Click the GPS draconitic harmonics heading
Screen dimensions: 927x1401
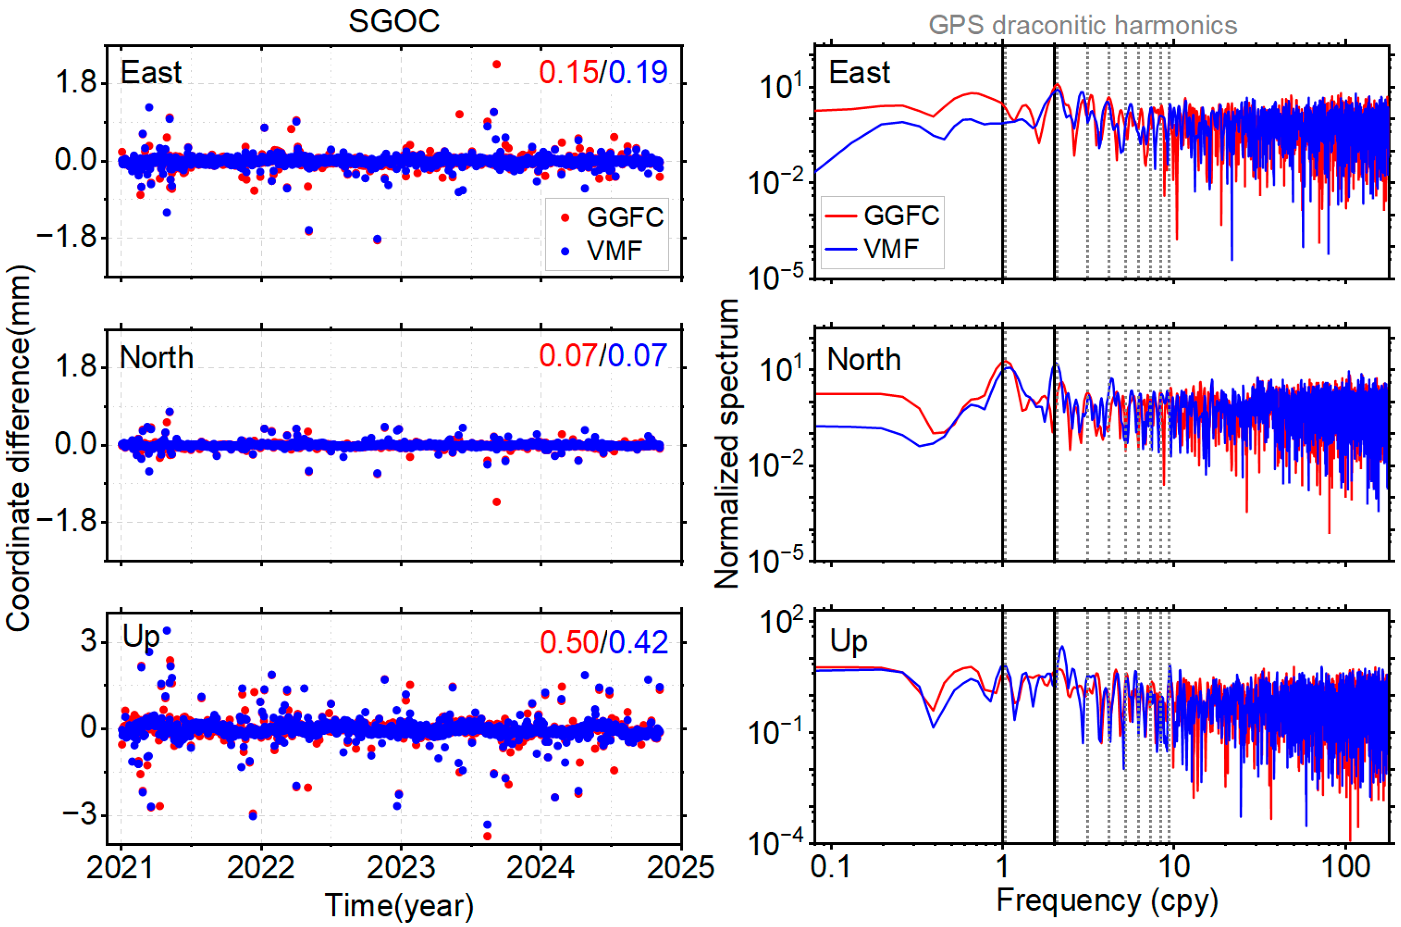(1082, 25)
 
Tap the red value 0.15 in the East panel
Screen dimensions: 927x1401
(568, 72)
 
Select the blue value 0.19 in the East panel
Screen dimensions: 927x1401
(638, 72)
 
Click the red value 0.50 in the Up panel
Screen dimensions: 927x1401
(568, 642)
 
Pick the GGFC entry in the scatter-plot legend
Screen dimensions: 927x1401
(625, 218)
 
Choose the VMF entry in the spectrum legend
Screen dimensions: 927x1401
(890, 248)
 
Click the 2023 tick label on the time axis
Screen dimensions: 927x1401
(401, 867)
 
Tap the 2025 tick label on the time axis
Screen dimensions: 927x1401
(680, 867)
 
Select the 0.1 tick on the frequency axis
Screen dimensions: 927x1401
(831, 867)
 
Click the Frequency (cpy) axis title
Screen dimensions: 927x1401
(1107, 901)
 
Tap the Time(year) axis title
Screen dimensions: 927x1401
(400, 905)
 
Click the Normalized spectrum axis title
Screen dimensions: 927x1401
(727, 443)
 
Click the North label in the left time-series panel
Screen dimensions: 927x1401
(156, 358)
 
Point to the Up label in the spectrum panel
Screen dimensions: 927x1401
(848, 641)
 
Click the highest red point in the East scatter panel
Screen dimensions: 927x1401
(496, 64)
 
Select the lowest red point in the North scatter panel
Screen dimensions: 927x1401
(496, 502)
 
